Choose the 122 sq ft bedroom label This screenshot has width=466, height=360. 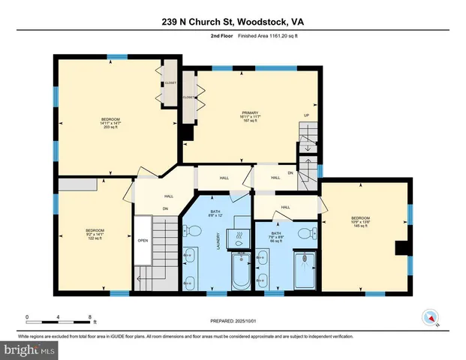95,233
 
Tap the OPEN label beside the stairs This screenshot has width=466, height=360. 143,241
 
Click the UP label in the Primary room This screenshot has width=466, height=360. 306,115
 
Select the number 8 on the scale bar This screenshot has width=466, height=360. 90,317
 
